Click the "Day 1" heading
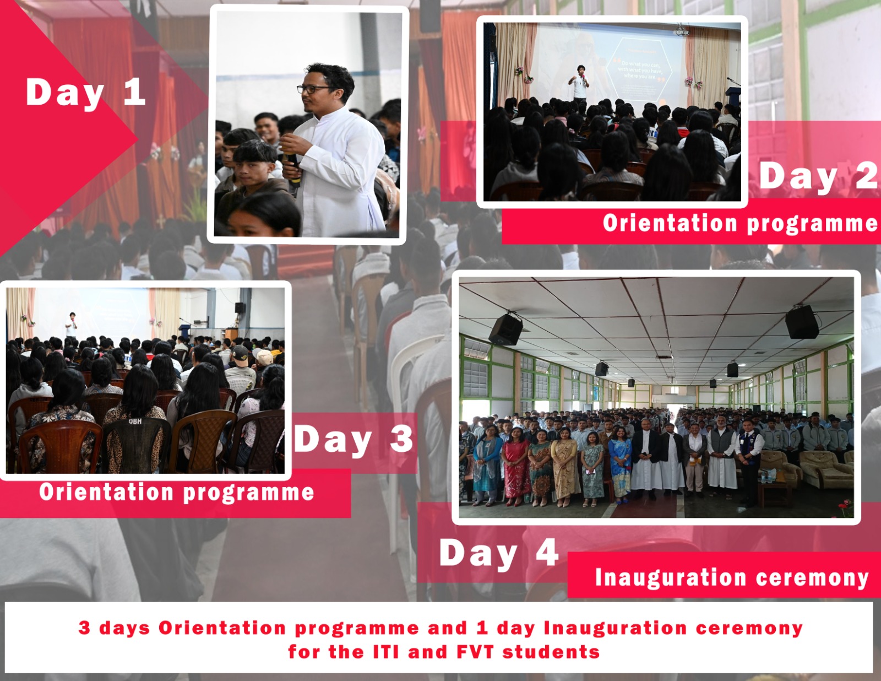tap(85, 93)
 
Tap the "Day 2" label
tap(819, 176)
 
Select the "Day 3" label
tap(354, 439)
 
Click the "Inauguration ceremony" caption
tap(732, 577)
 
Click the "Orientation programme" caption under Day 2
tap(741, 223)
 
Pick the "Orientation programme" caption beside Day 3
tap(177, 493)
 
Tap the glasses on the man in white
tap(314, 89)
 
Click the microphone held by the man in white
tap(293, 169)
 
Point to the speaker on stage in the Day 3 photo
tap(72, 325)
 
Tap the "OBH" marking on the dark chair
tap(135, 421)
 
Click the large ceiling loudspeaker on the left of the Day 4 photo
tap(505, 329)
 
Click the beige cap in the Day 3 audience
tap(264, 358)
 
